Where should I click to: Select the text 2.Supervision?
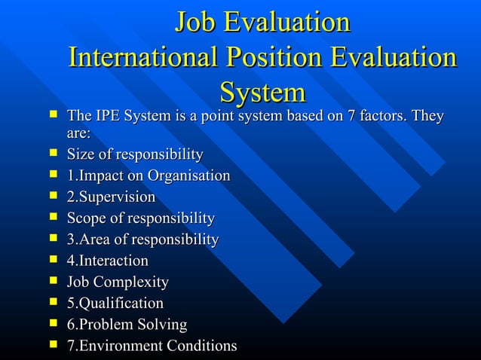111,197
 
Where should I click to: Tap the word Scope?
86,219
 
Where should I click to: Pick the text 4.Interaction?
107,261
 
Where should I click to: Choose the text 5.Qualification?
115,304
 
